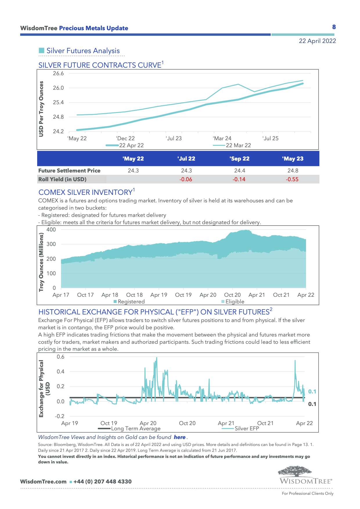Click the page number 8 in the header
pos(334,27)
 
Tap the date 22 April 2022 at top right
pos(317,41)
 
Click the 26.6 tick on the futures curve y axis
pos(58,73)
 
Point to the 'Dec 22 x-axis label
pos(125,139)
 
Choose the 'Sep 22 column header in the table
pos(240,159)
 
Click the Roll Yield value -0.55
pos(292,179)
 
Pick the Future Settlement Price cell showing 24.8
pos(293,171)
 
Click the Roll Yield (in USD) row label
pos(62,179)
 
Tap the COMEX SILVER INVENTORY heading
pos(86,192)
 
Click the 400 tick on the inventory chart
pos(51,230)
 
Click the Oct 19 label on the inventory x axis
pos(183,295)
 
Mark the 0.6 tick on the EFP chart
pos(60,357)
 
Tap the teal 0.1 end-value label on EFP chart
pos(312,392)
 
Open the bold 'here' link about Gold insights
pos(180,437)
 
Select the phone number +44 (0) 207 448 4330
pos(102,482)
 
